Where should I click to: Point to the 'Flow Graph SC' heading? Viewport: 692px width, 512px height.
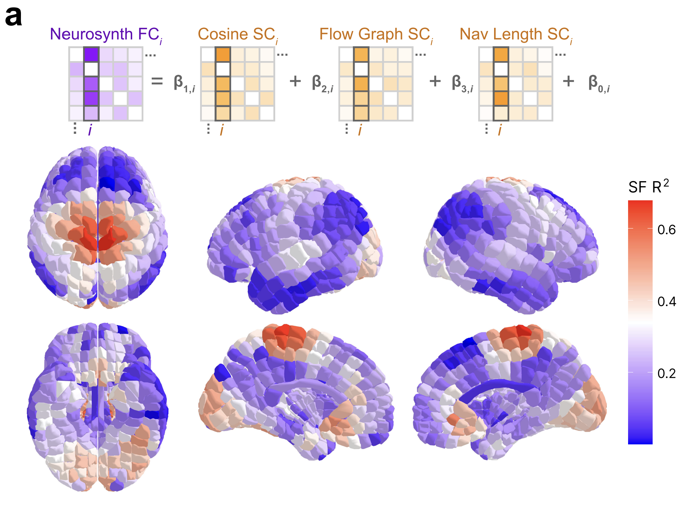pos(376,35)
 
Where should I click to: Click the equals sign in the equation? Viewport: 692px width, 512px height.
pos(157,81)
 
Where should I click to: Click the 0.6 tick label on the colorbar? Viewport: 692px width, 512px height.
pos(666,230)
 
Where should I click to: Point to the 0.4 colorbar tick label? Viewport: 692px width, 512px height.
pos(666,302)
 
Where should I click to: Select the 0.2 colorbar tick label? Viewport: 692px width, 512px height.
pos(666,373)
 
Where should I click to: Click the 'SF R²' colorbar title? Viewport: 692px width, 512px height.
pos(648,187)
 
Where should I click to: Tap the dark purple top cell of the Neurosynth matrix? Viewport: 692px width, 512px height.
pos(91,55)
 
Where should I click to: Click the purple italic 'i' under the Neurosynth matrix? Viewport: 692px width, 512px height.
pos(90,129)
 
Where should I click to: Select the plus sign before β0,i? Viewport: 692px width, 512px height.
pos(568,81)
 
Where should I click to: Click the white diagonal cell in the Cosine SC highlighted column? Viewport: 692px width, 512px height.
pos(223,69)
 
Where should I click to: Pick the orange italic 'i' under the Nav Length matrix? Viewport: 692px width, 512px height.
pos(500,129)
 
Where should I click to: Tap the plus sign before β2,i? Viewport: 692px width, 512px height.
pos(295,81)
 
